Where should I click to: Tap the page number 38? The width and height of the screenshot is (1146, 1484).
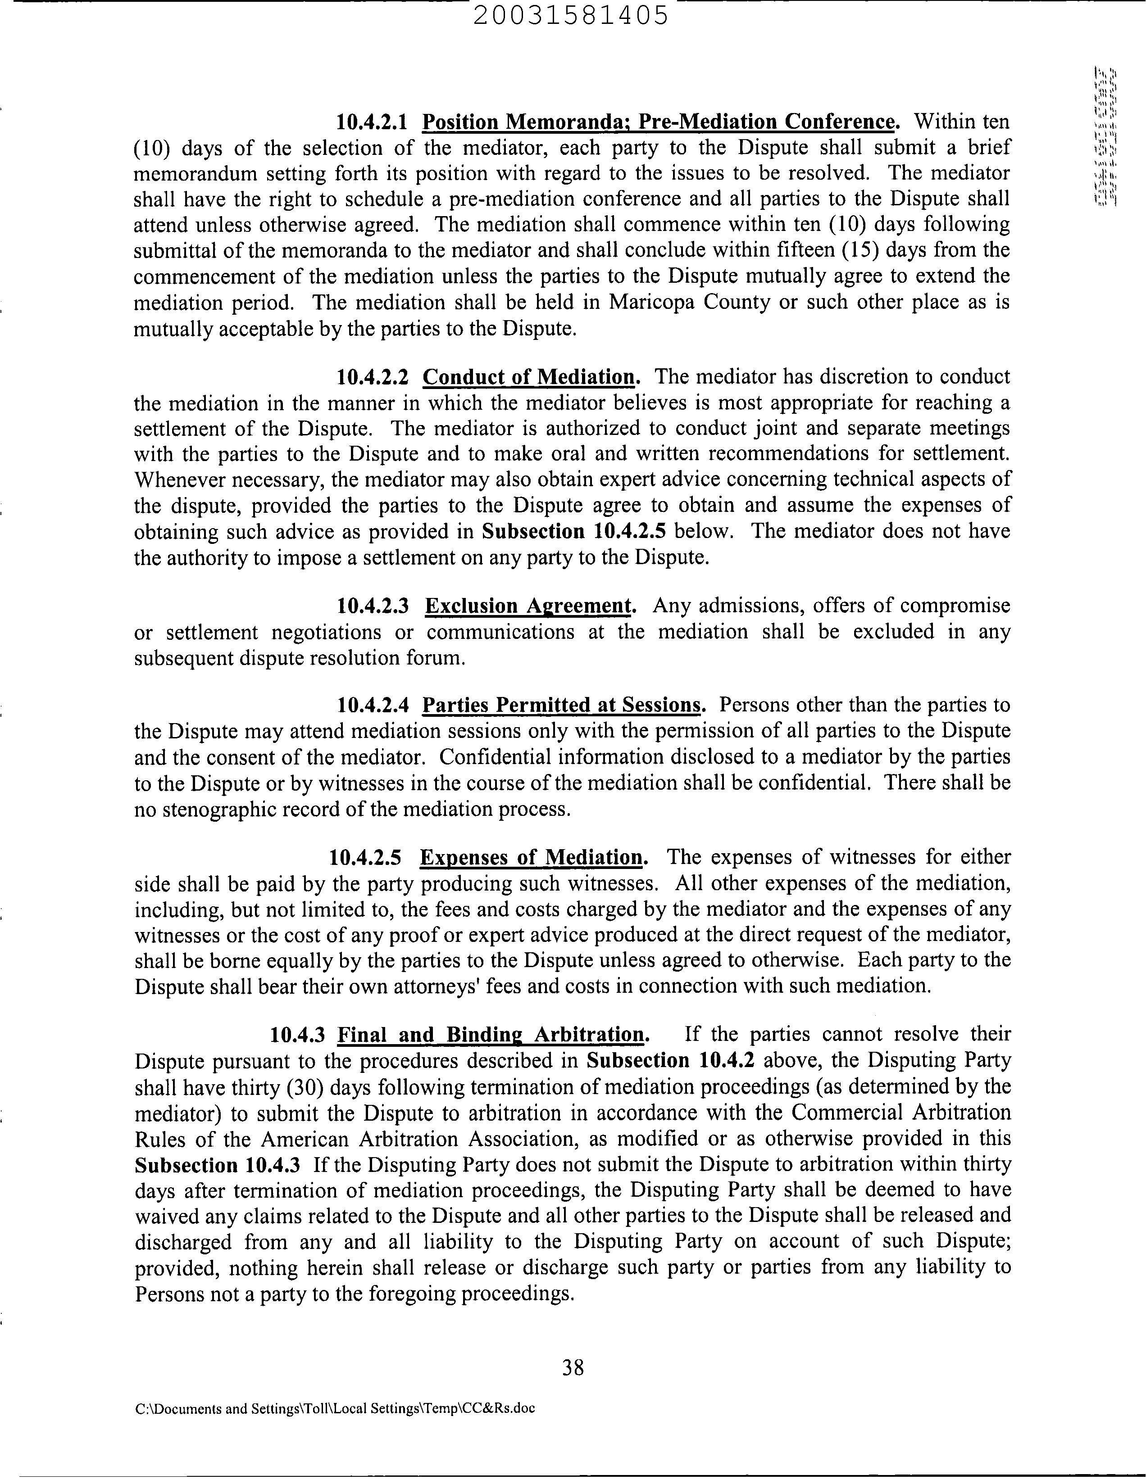pyautogui.click(x=573, y=1367)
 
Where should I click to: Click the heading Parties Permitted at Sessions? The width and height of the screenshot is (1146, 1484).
pyautogui.click(x=561, y=706)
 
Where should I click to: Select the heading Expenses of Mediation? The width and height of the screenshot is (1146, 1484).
pyautogui.click(x=532, y=858)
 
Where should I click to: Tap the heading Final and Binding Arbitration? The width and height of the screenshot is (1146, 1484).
pyautogui.click(x=490, y=1035)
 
